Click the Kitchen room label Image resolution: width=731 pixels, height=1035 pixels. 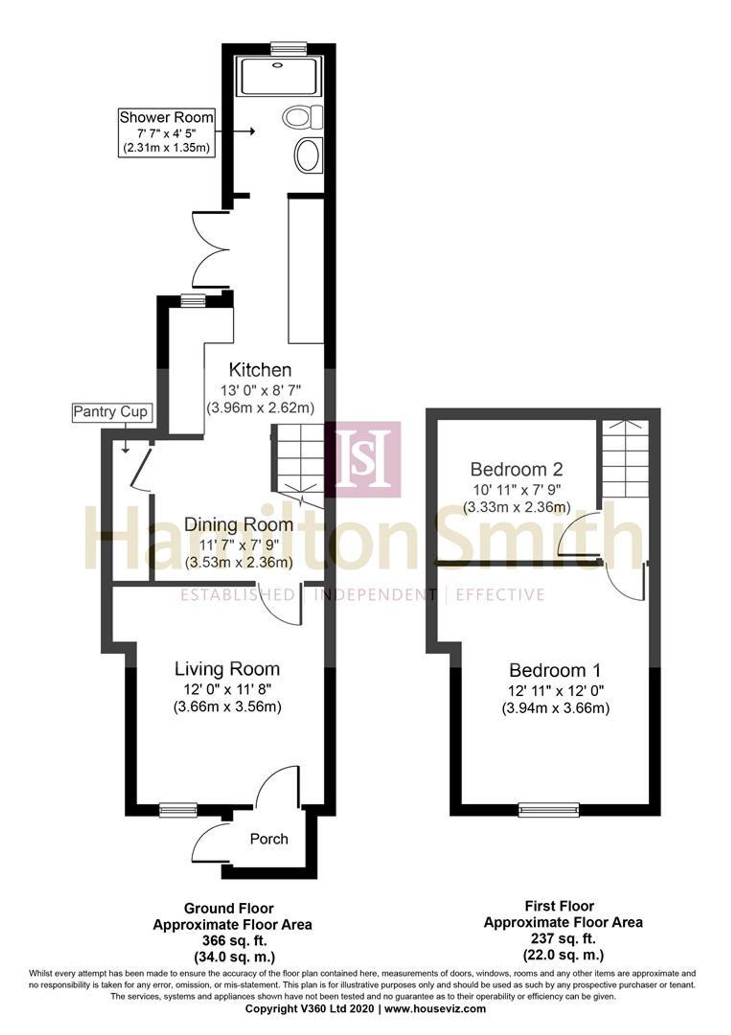click(261, 370)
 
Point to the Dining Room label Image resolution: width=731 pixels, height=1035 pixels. click(239, 524)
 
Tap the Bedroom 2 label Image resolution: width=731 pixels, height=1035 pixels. click(516, 469)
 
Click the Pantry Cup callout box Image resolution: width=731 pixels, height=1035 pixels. click(110, 412)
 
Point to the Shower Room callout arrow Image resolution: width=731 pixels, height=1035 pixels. click(235, 132)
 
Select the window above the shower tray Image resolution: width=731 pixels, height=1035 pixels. click(289, 47)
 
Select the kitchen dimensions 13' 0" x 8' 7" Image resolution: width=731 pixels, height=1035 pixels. click(261, 389)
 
